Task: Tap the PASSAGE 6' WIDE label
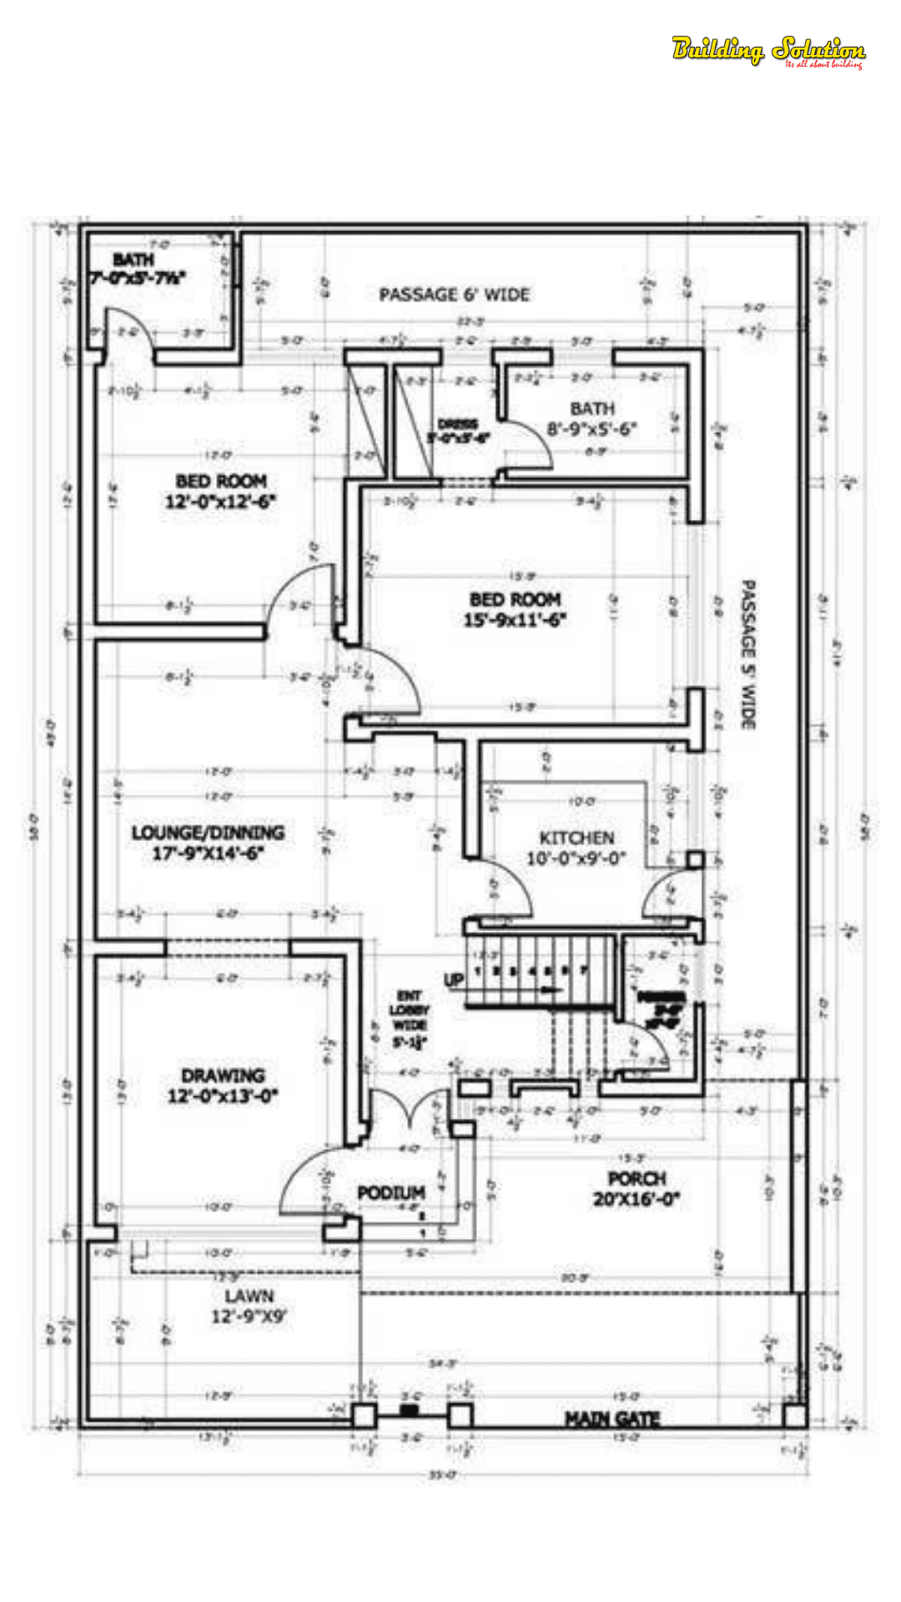(x=454, y=295)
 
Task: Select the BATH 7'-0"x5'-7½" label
(x=137, y=269)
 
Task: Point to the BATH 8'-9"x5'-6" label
(x=592, y=419)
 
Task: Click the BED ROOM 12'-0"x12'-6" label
(x=221, y=491)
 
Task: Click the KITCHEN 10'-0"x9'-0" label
(x=576, y=848)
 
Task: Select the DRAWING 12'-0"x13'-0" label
(x=223, y=1086)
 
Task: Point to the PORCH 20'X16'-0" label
(x=637, y=1189)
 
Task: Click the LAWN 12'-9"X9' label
(x=249, y=1306)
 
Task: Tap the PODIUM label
(x=391, y=1193)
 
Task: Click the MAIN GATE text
(x=612, y=1418)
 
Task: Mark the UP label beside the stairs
(x=454, y=980)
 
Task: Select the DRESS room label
(x=458, y=431)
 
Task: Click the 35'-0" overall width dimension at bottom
(x=443, y=1475)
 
